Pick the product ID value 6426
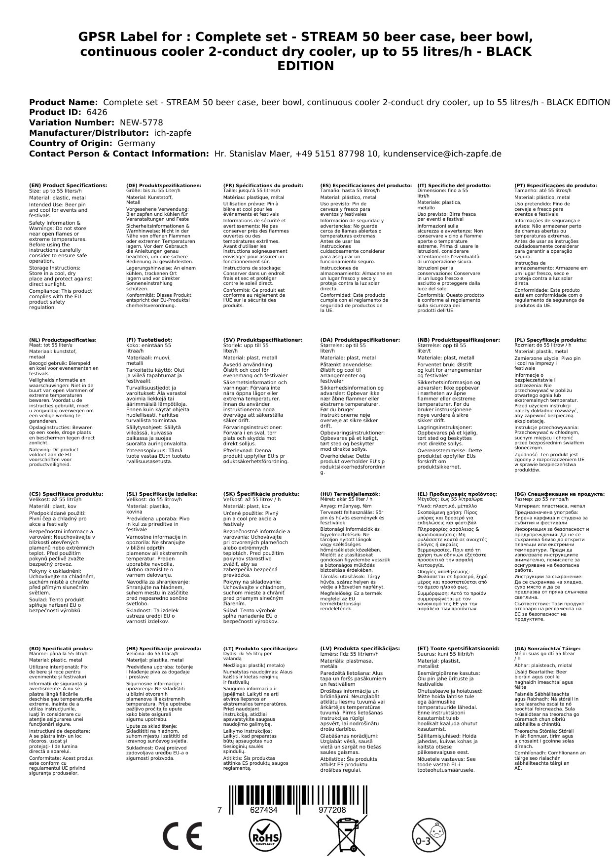click(97, 113)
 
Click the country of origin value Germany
click(137, 143)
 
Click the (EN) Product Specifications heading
click(68, 186)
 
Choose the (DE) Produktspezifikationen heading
click(164, 186)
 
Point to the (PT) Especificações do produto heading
click(555, 186)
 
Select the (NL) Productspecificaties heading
click(63, 340)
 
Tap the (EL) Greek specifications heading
click(457, 494)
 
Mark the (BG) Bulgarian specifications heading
click(559, 494)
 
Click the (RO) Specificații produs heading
click(61, 648)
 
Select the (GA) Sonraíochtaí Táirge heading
click(540, 648)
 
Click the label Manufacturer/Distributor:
click(89, 133)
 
